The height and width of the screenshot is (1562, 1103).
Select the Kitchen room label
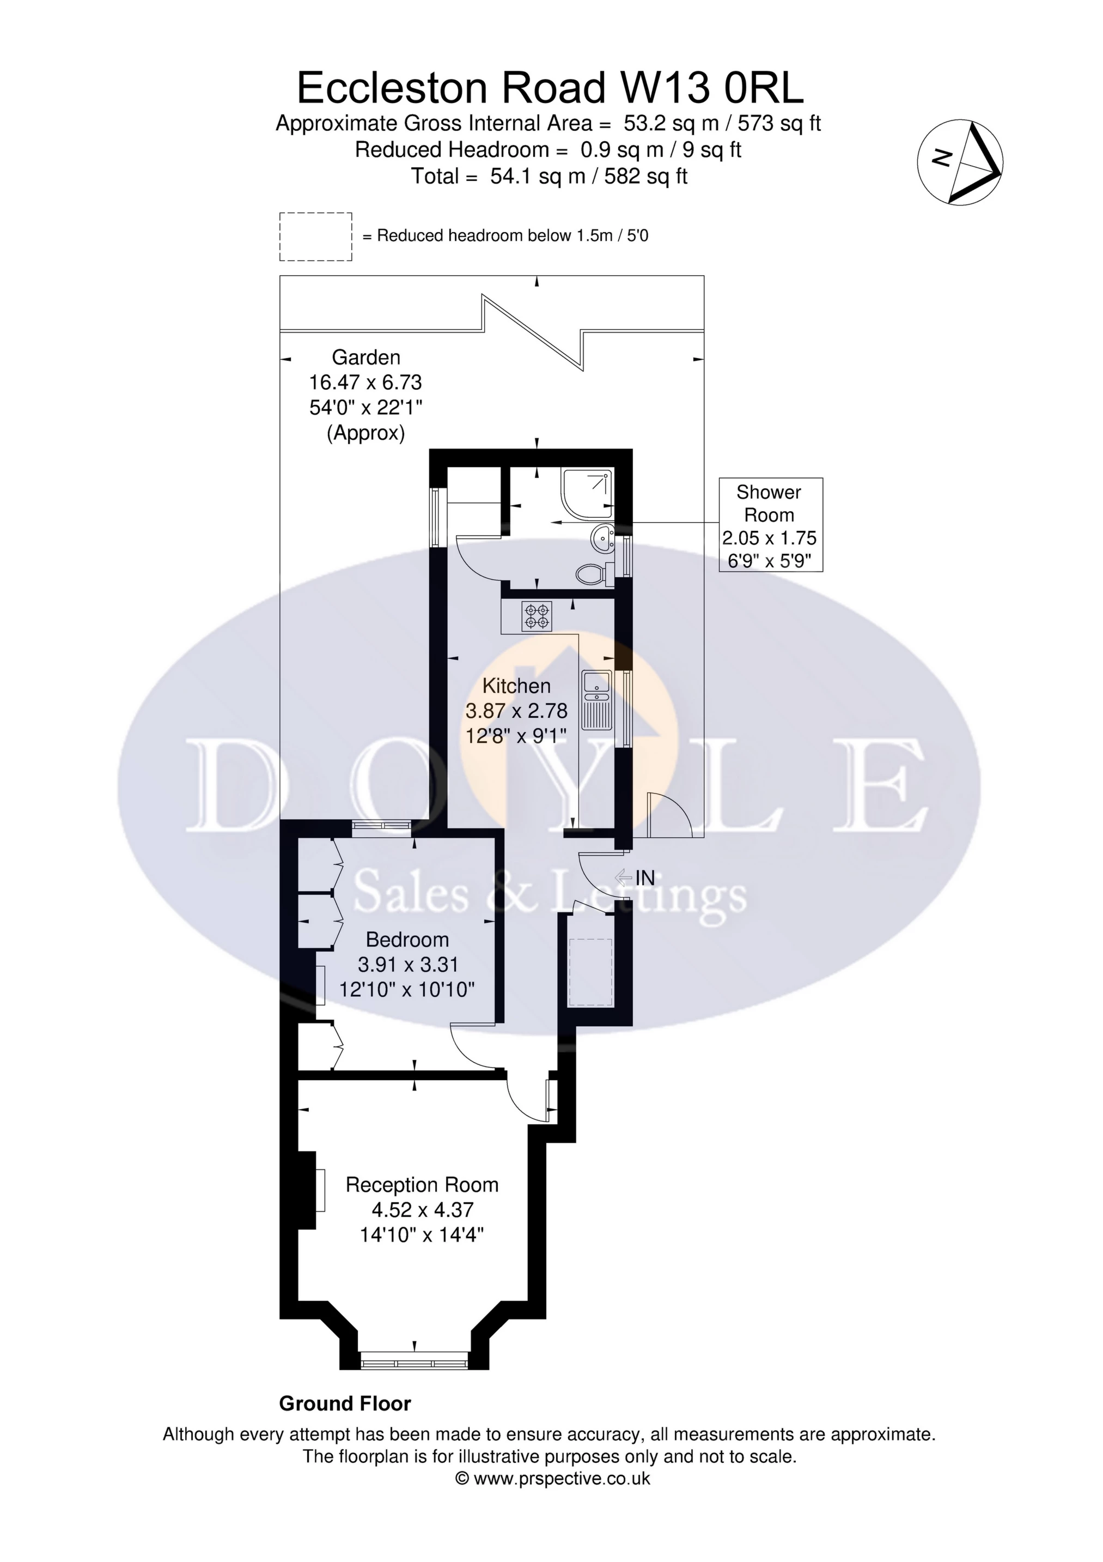516,686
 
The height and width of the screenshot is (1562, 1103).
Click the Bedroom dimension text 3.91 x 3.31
407,965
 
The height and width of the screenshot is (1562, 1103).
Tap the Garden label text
366,357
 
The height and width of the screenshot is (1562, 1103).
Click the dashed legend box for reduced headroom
315,236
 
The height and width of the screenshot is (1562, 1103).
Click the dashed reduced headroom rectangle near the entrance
590,973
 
